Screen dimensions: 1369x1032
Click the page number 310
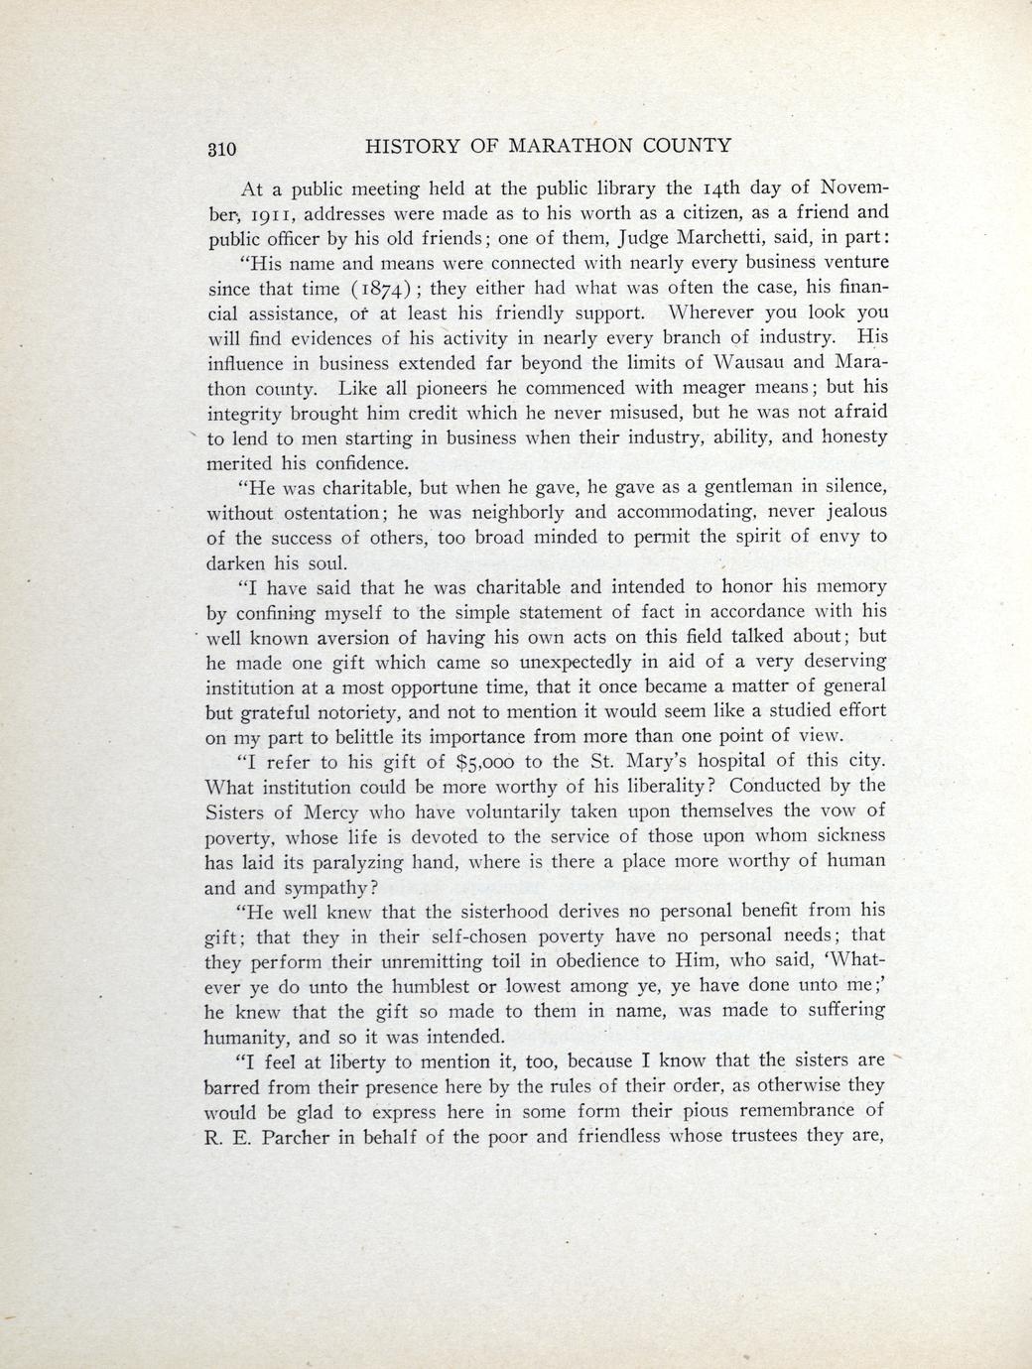[221, 149]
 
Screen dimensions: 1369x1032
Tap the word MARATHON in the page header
[568, 146]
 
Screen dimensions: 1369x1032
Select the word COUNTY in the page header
[685, 146]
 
